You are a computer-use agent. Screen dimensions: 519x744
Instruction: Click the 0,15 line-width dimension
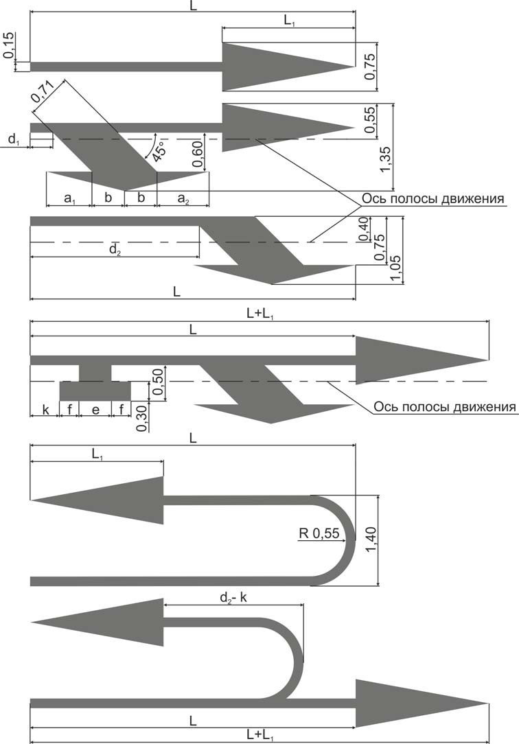pos(8,45)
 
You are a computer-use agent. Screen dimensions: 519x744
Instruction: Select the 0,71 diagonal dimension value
pos(43,91)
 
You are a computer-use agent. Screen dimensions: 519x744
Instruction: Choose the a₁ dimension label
pos(70,199)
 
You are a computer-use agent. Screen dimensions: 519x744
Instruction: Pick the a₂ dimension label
pos(183,199)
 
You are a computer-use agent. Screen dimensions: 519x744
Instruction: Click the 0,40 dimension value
pos(364,230)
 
